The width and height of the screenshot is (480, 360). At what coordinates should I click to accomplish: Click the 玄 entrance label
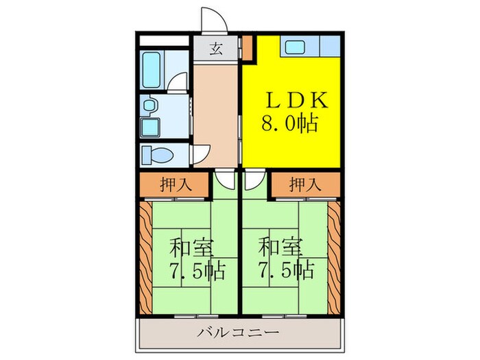click(x=215, y=49)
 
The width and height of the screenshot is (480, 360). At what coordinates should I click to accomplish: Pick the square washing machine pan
click(x=150, y=128)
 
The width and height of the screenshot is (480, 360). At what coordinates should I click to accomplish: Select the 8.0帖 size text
click(x=289, y=124)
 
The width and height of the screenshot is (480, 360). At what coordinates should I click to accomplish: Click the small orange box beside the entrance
click(x=247, y=47)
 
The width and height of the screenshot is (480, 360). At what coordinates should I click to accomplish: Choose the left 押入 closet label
click(x=176, y=184)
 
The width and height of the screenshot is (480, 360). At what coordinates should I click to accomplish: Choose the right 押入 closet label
click(x=303, y=184)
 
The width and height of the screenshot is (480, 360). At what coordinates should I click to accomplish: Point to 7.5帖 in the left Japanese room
click(x=195, y=268)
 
